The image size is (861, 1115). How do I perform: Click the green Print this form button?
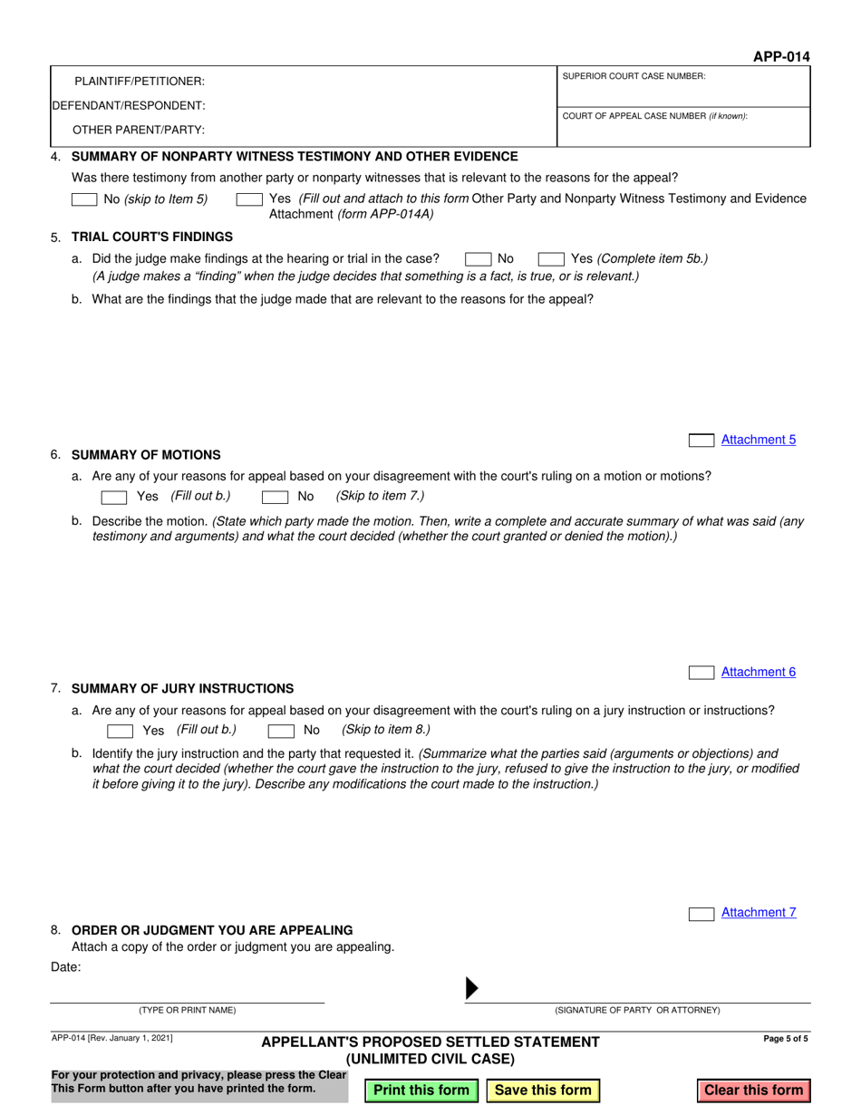tap(421, 1091)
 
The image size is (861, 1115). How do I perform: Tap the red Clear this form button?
tap(754, 1091)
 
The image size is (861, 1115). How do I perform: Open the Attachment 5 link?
tap(759, 440)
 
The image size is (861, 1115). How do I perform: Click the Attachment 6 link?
tap(759, 672)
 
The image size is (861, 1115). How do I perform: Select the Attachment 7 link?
tap(759, 913)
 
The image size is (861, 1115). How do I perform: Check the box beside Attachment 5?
tap(701, 441)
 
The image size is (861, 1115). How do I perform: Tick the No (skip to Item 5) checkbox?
tap(84, 199)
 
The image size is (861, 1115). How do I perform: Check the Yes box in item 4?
tap(249, 199)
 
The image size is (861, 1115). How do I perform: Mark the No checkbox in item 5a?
tap(478, 259)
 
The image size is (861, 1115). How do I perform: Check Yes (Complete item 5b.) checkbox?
tap(551, 259)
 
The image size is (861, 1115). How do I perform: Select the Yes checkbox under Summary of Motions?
tap(114, 497)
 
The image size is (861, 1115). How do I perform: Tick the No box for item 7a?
tap(281, 731)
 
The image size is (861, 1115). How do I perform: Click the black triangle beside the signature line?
tap(471, 989)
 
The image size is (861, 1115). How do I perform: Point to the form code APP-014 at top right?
tap(781, 57)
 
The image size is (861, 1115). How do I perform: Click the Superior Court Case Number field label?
tap(634, 76)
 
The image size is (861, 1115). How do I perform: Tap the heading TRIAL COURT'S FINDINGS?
tap(151, 237)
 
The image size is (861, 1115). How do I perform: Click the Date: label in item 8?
tap(66, 967)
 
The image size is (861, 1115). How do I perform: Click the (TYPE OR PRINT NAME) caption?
tap(187, 1010)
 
